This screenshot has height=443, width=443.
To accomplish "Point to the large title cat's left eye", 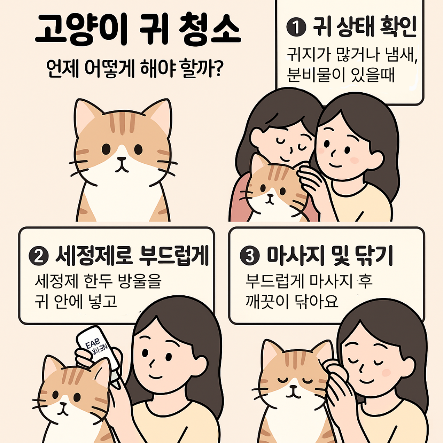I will point(106,149).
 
